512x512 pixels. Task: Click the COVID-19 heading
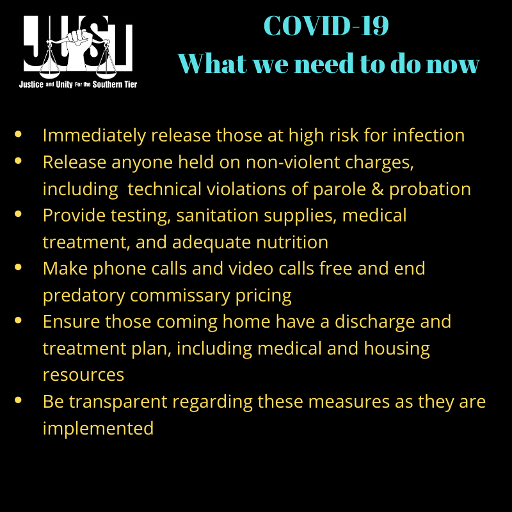click(x=326, y=26)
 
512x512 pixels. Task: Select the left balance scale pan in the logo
click(x=50, y=68)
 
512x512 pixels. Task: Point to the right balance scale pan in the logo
click(x=106, y=68)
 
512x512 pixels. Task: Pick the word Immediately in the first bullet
click(x=94, y=136)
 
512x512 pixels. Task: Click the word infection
click(x=428, y=135)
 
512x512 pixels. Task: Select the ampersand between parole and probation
click(x=378, y=189)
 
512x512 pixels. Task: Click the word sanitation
click(x=217, y=216)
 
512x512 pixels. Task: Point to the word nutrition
click(x=292, y=243)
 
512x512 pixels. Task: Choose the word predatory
click(x=84, y=296)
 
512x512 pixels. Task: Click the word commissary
click(x=180, y=296)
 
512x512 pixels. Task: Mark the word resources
click(x=83, y=375)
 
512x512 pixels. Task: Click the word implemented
click(x=98, y=429)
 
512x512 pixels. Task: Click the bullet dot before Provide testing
click(x=18, y=214)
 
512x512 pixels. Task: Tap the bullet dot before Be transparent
click(x=18, y=401)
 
